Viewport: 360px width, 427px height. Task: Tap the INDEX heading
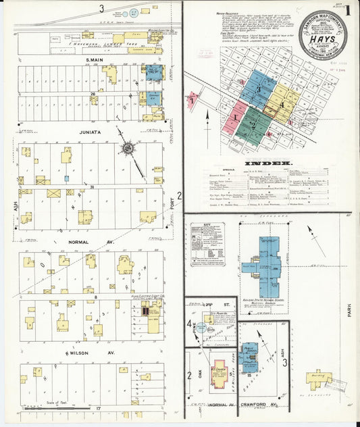273,163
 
